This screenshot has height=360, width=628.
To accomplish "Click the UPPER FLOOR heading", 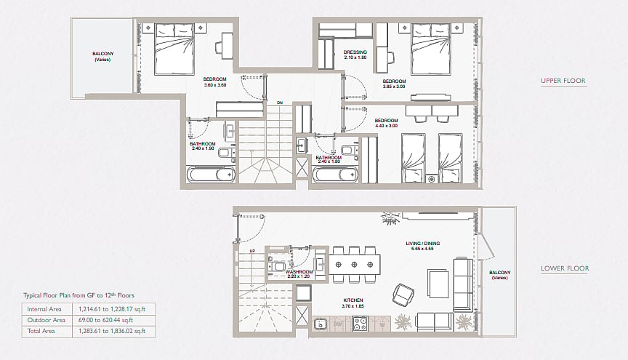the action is click(563, 81).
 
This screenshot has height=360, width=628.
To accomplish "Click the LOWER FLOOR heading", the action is click(565, 268).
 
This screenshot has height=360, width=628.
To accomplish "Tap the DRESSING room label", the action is click(355, 52).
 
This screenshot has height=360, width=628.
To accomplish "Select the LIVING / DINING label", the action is click(422, 244).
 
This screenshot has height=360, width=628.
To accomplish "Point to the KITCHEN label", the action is click(353, 300).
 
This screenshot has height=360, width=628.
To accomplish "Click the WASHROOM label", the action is click(299, 271).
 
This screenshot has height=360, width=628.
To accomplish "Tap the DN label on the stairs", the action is click(280, 103).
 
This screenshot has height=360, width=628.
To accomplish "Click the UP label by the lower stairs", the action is click(252, 251).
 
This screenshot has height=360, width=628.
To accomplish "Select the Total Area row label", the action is click(41, 331).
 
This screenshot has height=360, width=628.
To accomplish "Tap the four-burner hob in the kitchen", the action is click(360, 324).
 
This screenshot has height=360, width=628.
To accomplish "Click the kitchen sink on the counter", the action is click(321, 324).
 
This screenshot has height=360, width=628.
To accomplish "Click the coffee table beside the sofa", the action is click(438, 284).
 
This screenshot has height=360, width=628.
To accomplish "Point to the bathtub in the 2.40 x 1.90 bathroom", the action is click(211, 175).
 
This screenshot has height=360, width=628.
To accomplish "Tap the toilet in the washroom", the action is click(276, 266).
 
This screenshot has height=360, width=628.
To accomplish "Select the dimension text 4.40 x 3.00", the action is click(386, 126).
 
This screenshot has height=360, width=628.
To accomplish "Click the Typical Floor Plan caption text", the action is click(79, 295).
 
